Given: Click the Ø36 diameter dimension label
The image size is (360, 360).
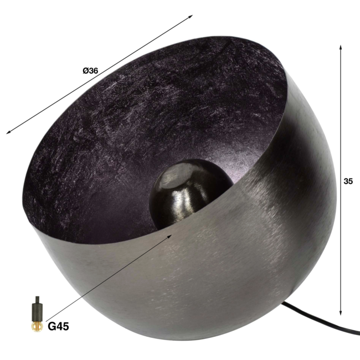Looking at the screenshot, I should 90,70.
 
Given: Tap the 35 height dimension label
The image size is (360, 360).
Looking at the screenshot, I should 348,181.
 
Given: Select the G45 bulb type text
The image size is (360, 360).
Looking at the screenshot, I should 58,327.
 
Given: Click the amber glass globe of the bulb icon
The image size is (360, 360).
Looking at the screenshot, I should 37,326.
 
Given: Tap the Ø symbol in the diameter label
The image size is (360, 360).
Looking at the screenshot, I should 85,70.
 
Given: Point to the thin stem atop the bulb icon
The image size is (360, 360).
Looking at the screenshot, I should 37,299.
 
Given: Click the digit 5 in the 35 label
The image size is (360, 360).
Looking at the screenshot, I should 351,181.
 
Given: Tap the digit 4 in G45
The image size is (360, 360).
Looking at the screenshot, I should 59,327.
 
